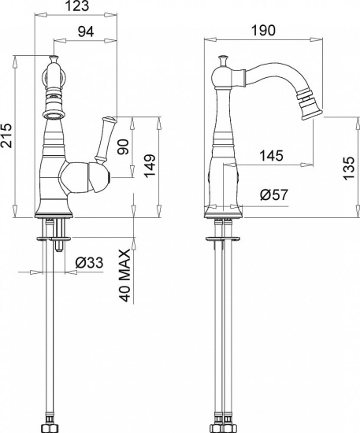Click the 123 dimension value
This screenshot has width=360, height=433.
[78, 6]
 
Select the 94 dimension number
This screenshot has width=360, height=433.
[86, 31]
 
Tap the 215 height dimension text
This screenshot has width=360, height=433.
[6, 135]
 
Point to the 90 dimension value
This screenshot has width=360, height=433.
[124, 147]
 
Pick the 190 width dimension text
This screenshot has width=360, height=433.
[263, 31]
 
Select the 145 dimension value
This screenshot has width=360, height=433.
[271, 156]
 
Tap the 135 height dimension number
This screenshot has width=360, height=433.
[349, 168]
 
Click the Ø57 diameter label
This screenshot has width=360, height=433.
[274, 195]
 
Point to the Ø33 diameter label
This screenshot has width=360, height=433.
[89, 262]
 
